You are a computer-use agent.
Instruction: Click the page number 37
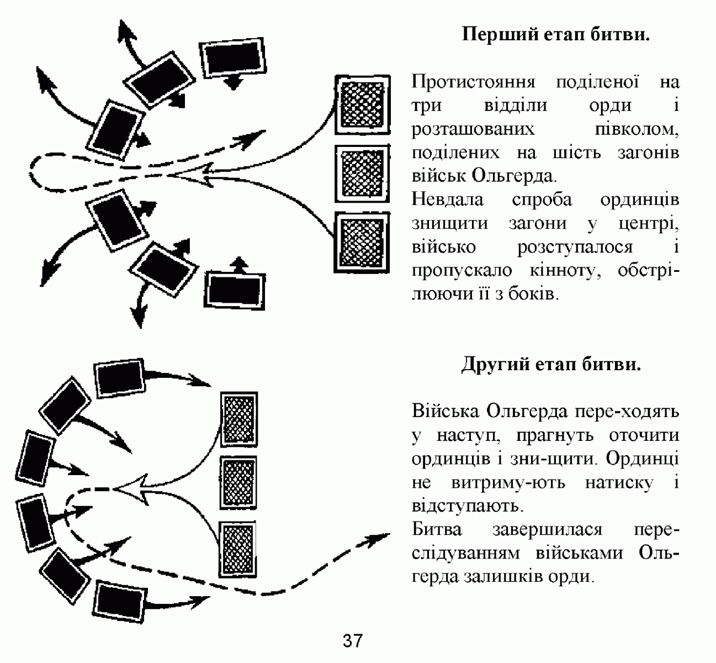353,641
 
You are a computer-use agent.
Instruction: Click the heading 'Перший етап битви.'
555,35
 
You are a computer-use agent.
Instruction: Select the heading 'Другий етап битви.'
551,364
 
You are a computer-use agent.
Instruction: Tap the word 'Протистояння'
473,82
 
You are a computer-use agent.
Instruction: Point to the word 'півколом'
637,129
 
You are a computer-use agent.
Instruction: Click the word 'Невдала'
447,199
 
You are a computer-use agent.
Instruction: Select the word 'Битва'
437,529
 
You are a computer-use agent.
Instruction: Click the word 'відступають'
468,506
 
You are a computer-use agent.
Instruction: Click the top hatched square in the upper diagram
362,104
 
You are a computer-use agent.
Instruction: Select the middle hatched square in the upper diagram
362,173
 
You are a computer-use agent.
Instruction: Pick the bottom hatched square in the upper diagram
362,242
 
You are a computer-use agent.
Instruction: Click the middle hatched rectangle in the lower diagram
238,483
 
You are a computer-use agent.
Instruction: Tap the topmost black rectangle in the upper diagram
233,58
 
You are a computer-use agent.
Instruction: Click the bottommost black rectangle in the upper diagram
235,291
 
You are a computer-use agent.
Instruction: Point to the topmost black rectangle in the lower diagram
120,378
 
